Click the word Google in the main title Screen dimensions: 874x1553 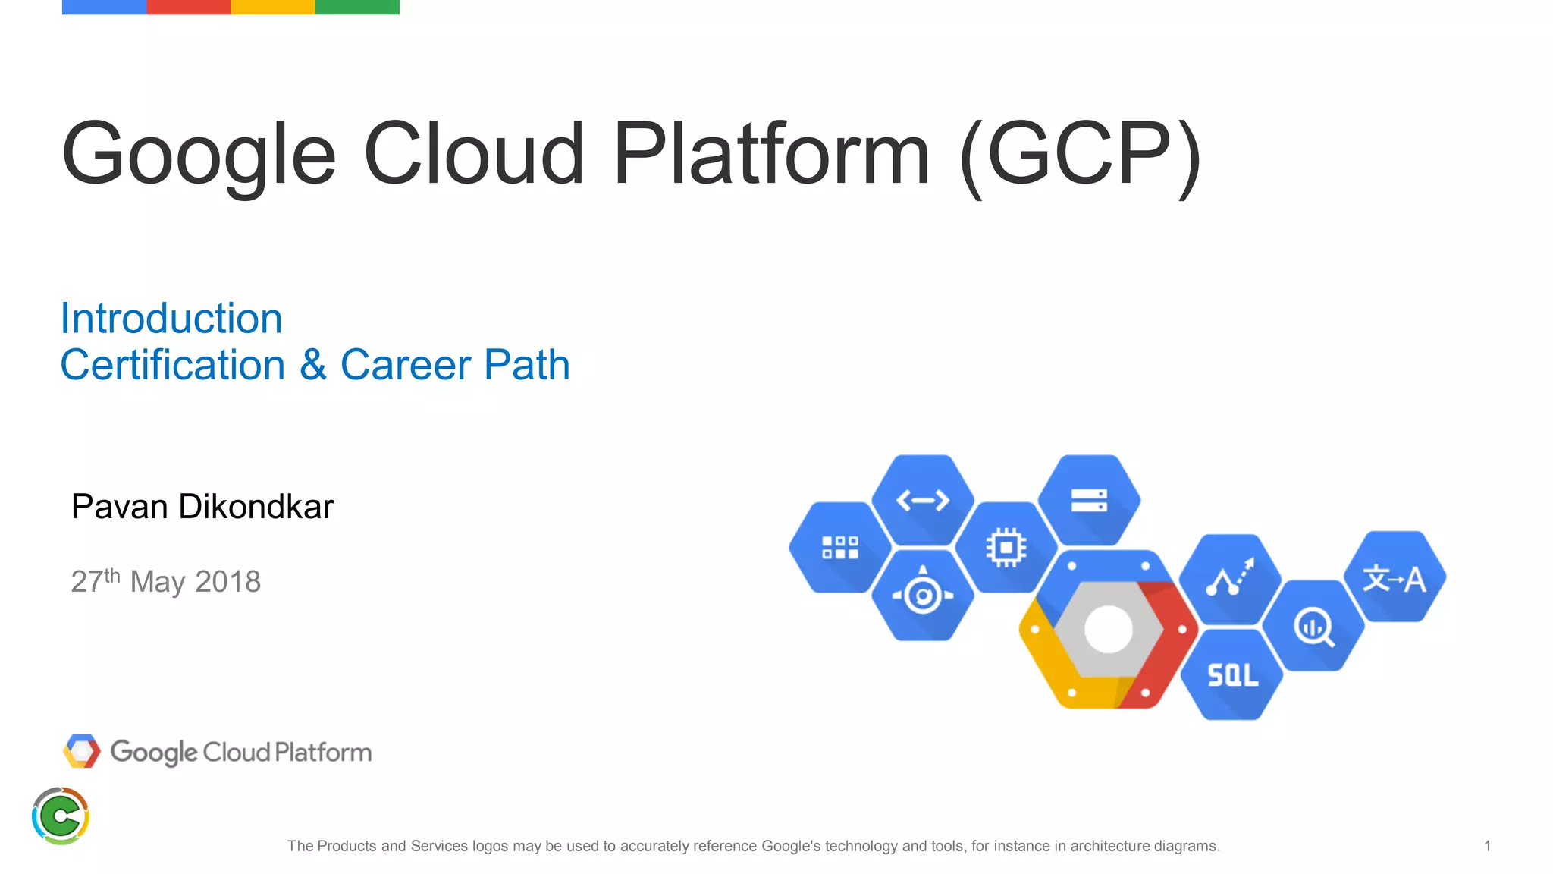click(199, 156)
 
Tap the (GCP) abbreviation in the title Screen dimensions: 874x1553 click(1080, 156)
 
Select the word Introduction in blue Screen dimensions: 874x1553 click(171, 319)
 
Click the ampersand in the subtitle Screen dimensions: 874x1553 click(312, 365)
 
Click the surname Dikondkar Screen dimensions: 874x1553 click(256, 507)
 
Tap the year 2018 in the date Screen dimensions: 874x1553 click(227, 582)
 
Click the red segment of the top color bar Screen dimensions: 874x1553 click(188, 7)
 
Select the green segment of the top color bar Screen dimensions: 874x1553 click(356, 7)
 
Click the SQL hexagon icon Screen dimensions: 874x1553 click(1232, 674)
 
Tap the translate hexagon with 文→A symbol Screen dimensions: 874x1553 click(1394, 579)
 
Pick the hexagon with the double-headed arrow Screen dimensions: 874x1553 click(923, 500)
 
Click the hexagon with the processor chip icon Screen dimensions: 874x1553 click(1006, 547)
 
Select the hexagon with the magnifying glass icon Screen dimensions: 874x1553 click(1313, 627)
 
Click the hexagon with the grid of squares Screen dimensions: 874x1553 click(839, 547)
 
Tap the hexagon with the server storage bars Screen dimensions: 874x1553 click(1089, 500)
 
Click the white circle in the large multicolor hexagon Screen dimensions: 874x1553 click(1108, 629)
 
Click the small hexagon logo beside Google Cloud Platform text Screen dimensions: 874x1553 click(82, 751)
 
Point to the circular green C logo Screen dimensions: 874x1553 click(61, 816)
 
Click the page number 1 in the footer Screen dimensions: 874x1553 click(1487, 845)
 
